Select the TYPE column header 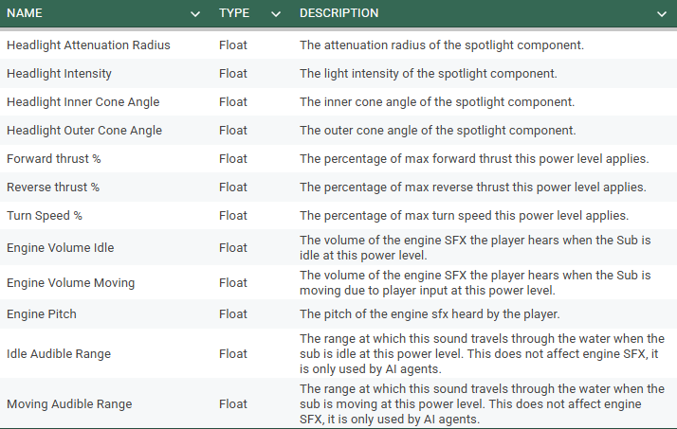click(x=234, y=13)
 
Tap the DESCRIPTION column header click(x=338, y=13)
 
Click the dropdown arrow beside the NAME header click(x=195, y=14)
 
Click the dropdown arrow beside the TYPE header click(x=276, y=14)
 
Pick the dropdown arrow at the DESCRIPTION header click(x=661, y=14)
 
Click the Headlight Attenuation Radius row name click(x=88, y=45)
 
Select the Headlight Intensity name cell click(x=59, y=73)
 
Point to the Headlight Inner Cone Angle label click(x=82, y=101)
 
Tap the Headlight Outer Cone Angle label click(x=83, y=130)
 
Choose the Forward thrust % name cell click(x=53, y=158)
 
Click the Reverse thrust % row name click(x=53, y=187)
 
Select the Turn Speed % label click(x=45, y=215)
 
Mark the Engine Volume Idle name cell click(x=61, y=248)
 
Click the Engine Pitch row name click(x=42, y=313)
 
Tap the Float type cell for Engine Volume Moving click(x=232, y=282)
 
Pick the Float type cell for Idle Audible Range click(x=232, y=353)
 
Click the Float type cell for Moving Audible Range click(x=232, y=403)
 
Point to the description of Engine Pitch click(x=429, y=313)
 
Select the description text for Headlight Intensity click(x=428, y=73)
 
